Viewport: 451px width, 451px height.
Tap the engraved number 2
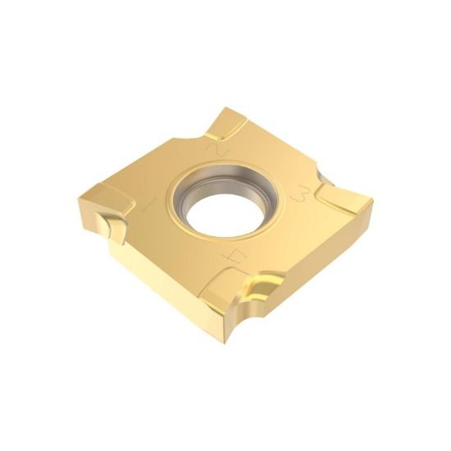(x=217, y=150)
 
